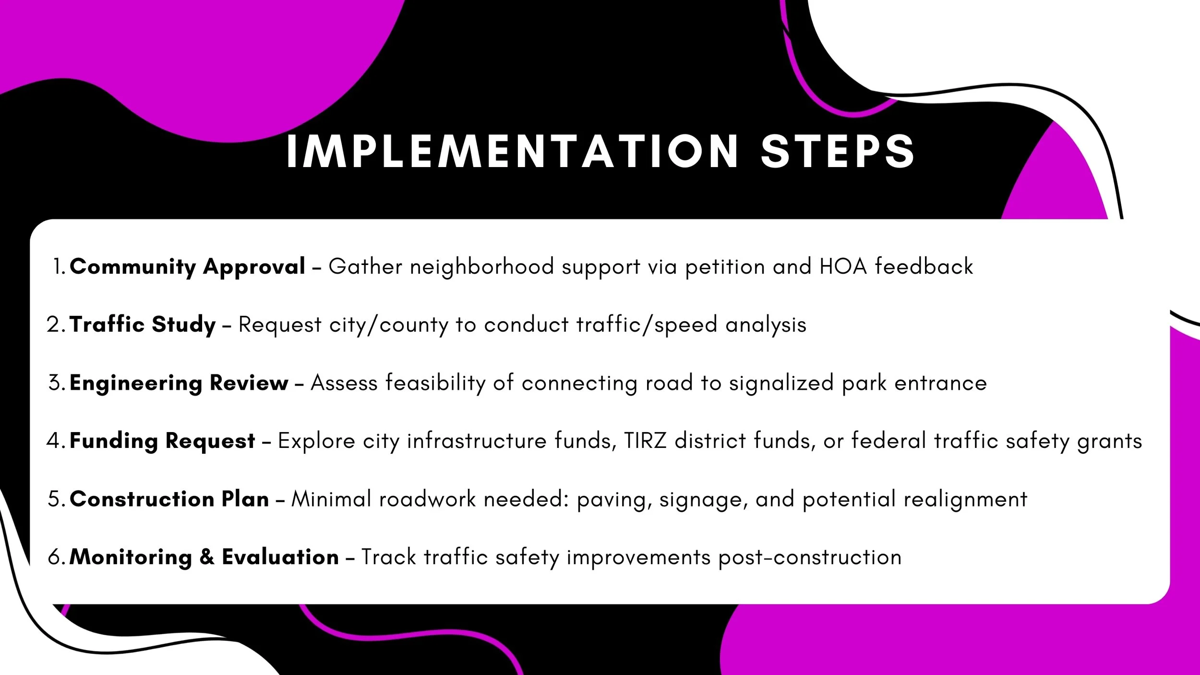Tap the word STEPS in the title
[838, 151]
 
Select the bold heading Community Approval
[187, 266]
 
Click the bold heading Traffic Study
[143, 325]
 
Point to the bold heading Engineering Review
[179, 383]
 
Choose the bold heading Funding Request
[162, 441]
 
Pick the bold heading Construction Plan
[169, 499]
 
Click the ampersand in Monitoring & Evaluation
[207, 557]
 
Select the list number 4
[54, 441]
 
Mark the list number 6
[55, 557]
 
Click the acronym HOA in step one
[843, 266]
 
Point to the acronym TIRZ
[645, 441]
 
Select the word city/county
[388, 325]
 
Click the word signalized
[781, 384]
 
